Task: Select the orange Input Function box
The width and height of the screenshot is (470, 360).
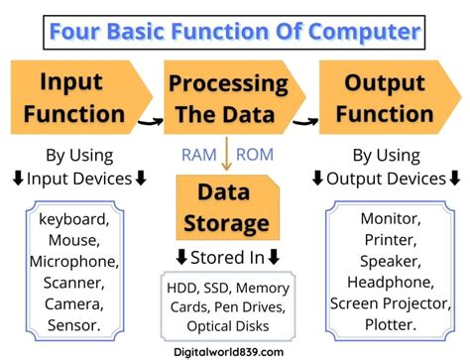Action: pyautogui.click(x=74, y=96)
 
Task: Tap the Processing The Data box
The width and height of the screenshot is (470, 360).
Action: pyautogui.click(x=229, y=96)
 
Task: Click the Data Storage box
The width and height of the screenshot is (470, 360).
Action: pyautogui.click(x=227, y=206)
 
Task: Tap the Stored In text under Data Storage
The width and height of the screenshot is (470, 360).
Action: pyautogui.click(x=228, y=259)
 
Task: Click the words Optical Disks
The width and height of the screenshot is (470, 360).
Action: pyautogui.click(x=228, y=324)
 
